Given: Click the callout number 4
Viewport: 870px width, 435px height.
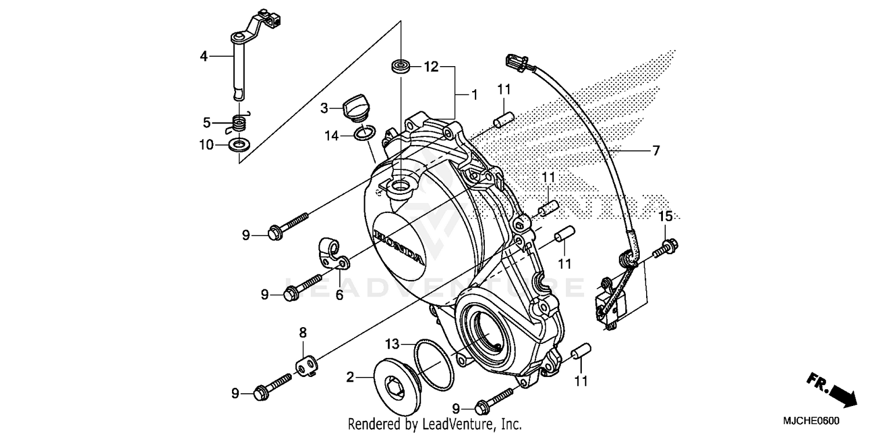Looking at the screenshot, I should coord(204,56).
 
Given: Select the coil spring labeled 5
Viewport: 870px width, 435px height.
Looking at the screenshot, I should coord(238,123).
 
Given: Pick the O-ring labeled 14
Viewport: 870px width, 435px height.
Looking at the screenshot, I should coord(364,135).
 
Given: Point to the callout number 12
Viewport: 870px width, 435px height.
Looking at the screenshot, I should coord(431,67).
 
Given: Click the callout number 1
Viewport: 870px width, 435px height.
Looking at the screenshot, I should coord(474,95).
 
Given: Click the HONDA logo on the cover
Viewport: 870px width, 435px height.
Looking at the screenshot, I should coord(398,245).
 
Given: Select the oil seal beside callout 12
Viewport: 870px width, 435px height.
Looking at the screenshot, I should coord(401,66).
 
